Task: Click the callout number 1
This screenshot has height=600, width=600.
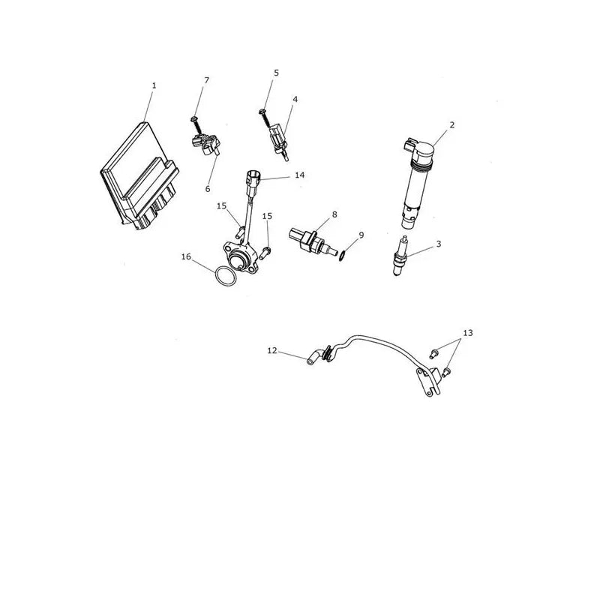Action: (154, 85)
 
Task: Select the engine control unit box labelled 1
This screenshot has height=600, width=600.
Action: (139, 176)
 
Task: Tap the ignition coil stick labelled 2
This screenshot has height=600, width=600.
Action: (417, 184)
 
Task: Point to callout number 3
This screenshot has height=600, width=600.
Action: (439, 244)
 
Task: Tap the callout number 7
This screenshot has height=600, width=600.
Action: (207, 80)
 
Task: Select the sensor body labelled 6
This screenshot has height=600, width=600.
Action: (206, 144)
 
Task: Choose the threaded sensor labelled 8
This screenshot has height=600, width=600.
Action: (312, 242)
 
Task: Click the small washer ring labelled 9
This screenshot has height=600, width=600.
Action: (343, 255)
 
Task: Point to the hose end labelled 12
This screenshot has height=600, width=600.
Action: (311, 358)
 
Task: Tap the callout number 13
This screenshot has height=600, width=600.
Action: (467, 333)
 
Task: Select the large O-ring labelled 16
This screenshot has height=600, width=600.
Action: (226, 276)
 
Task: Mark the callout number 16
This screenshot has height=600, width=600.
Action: (186, 256)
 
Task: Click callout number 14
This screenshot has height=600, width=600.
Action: (299, 175)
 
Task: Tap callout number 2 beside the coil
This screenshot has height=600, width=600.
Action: (452, 124)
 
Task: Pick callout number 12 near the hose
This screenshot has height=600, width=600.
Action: (272, 350)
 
